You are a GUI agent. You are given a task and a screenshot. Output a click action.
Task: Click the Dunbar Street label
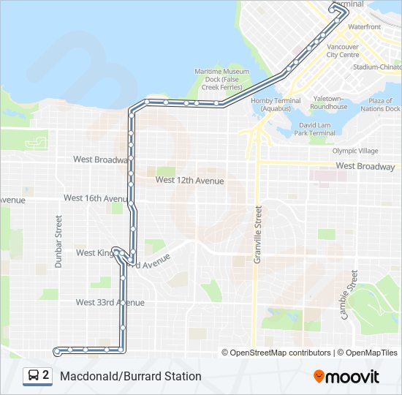pos(58,241)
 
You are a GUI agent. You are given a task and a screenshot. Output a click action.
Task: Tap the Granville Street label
pos(258,240)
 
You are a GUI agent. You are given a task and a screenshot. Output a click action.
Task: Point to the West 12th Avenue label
pos(189,180)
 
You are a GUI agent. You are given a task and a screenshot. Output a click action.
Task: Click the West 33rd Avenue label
pos(110,302)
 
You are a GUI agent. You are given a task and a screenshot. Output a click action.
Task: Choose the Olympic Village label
pos(355,151)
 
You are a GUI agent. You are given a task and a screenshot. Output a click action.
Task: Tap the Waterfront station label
pos(364,26)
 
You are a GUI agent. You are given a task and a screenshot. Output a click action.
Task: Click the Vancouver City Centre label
pos(342,50)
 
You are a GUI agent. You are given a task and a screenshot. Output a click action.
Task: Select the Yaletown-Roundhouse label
pos(329,102)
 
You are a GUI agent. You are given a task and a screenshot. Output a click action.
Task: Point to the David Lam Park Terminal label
pos(316,129)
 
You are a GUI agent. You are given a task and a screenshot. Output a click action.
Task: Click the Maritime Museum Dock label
pos(222,79)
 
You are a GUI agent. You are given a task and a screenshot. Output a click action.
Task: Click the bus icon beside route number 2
pos(34,376)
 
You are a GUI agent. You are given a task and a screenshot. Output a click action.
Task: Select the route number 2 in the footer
pos(46,376)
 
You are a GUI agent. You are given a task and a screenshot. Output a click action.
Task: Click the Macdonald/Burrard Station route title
pos(131,377)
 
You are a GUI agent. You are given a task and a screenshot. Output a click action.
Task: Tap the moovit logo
pos(346,377)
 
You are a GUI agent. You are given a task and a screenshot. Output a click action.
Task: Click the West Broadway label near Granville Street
pos(365,166)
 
